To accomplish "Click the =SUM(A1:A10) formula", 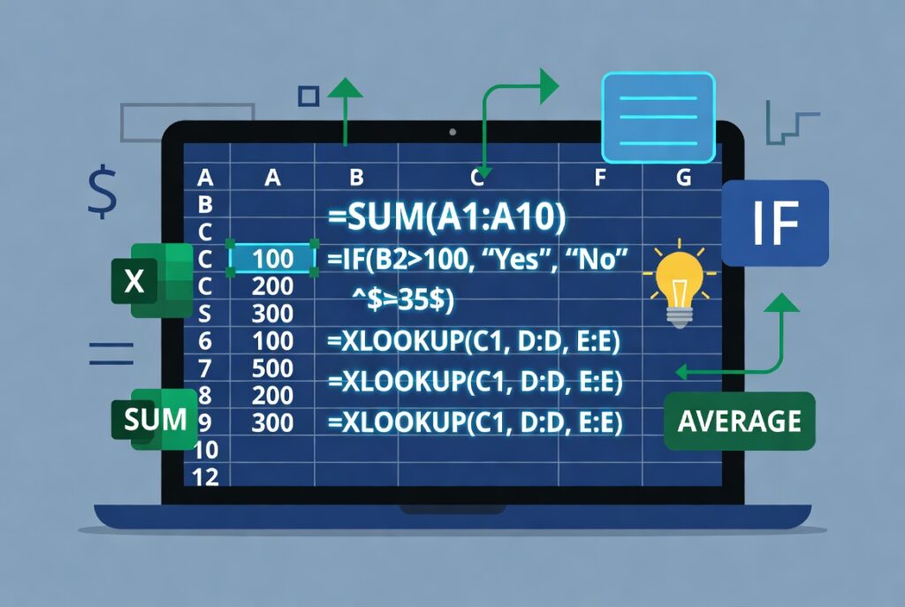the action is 446,216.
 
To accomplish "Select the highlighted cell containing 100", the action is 272,259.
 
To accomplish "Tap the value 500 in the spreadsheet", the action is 272,368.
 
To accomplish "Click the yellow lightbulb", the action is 680,285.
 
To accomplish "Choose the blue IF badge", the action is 775,223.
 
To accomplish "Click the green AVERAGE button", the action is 740,421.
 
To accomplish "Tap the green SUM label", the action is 156,419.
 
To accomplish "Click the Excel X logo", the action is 152,280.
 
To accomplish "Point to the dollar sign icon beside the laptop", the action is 103,191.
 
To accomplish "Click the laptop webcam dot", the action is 452,133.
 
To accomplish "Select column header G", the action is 683,177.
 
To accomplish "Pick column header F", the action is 600,177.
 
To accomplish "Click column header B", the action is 356,177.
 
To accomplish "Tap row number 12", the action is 205,477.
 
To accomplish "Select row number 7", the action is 205,368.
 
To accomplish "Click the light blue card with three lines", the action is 658,118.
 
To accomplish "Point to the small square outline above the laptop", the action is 308,96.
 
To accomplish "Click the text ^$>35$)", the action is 403,300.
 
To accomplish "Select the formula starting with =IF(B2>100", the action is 477,259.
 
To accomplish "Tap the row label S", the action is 205,314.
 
